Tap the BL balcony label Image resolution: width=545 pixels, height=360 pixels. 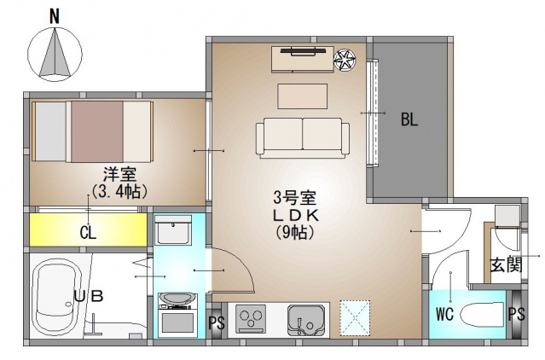point(410,120)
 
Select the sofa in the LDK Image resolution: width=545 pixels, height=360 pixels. point(302,136)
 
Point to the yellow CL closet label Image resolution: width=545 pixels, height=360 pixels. point(87,231)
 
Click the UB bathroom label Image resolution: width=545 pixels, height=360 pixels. point(88,296)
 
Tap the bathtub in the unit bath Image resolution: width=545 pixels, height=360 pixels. point(57,299)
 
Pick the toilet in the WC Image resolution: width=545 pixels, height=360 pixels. point(483,316)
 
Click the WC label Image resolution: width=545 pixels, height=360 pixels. point(444,313)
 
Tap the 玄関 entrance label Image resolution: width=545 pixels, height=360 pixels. point(505,264)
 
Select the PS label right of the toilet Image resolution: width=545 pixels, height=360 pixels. point(516,313)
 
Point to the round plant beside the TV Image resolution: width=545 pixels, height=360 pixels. point(346,60)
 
